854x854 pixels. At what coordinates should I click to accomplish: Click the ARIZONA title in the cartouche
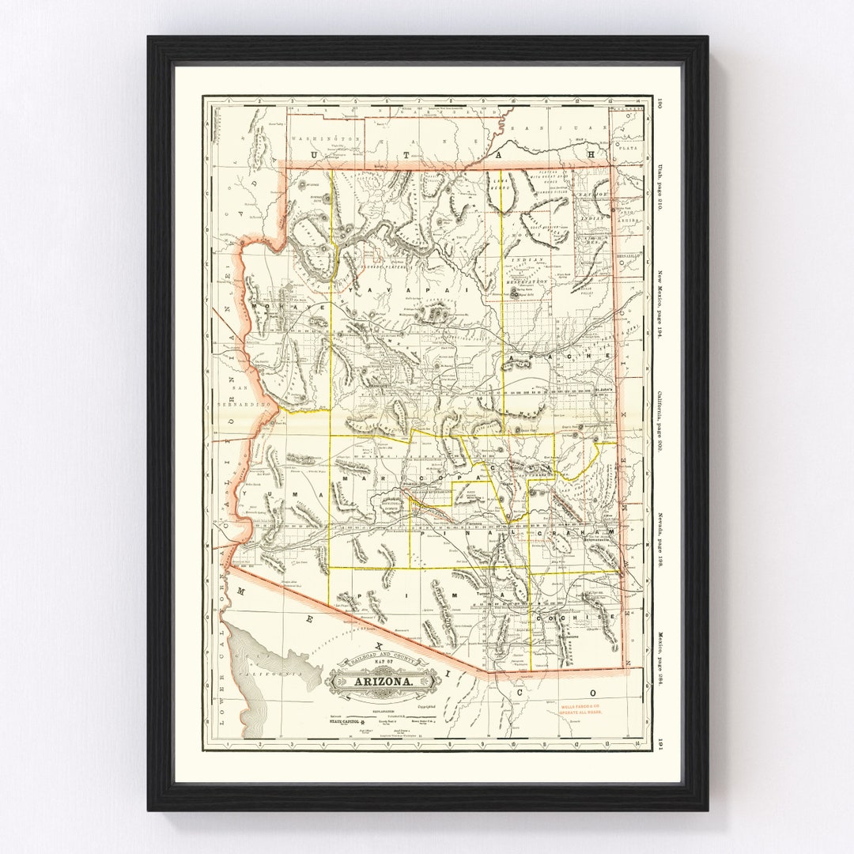382,681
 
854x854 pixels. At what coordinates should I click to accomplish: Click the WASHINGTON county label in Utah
325,138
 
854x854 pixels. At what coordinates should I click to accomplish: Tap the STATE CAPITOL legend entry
349,722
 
